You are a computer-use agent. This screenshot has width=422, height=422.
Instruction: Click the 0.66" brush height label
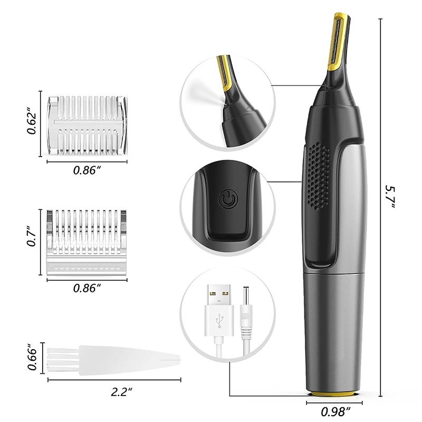[x=33, y=359]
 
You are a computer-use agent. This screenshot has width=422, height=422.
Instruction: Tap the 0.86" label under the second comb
[x=87, y=288]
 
